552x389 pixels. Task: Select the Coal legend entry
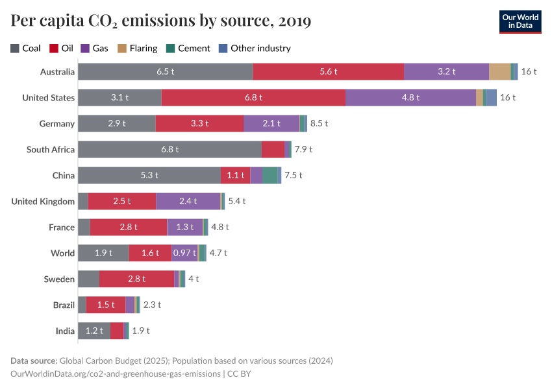coord(26,48)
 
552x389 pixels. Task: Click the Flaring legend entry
coord(137,48)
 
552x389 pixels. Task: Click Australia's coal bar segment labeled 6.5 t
coord(165,71)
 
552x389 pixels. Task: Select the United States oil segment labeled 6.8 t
coord(253,97)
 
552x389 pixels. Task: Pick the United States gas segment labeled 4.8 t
coord(410,97)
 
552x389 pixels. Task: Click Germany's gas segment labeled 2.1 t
coord(271,123)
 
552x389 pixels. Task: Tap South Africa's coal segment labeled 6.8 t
coord(169,149)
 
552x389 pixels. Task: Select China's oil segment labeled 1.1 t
coord(235,175)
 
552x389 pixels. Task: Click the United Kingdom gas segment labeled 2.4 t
coord(188,201)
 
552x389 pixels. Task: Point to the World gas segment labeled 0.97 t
coord(184,253)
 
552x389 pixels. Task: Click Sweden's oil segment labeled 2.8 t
coord(136,279)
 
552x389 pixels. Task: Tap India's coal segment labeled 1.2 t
coord(94,331)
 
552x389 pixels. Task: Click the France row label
coord(62,227)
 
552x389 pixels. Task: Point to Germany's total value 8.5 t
coord(319,123)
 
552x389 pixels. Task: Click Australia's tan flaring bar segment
coord(499,71)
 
